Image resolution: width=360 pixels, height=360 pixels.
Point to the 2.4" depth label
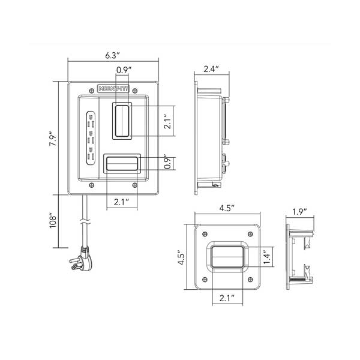pos(209,69)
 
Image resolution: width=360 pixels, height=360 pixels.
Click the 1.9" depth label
pos(299,211)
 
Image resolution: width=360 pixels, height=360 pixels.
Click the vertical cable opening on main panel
pos(122,121)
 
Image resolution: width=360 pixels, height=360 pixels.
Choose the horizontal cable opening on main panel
pos(121,163)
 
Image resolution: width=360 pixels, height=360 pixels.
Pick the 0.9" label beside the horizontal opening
pos(169,162)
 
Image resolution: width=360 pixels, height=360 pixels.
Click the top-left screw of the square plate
pos(206,233)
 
